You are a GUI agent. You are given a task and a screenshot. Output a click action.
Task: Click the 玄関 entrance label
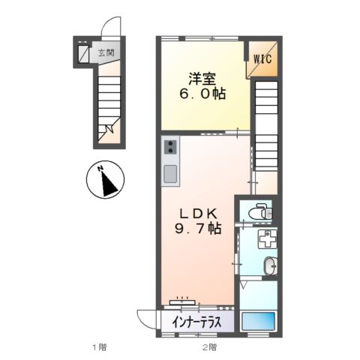point(105,53)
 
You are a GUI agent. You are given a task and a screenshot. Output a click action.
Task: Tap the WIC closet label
point(262,57)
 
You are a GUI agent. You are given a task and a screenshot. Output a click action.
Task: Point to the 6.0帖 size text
point(200,95)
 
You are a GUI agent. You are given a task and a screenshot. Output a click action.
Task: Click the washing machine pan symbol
point(268,241)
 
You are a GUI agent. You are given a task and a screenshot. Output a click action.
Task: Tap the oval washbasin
point(269,264)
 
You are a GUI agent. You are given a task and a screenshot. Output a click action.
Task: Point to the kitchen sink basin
point(170,174)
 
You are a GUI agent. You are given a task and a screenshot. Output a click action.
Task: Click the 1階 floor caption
point(99,347)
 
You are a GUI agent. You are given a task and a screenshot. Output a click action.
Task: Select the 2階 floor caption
point(209,347)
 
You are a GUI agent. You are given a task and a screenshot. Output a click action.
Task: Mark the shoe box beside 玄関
point(82,54)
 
